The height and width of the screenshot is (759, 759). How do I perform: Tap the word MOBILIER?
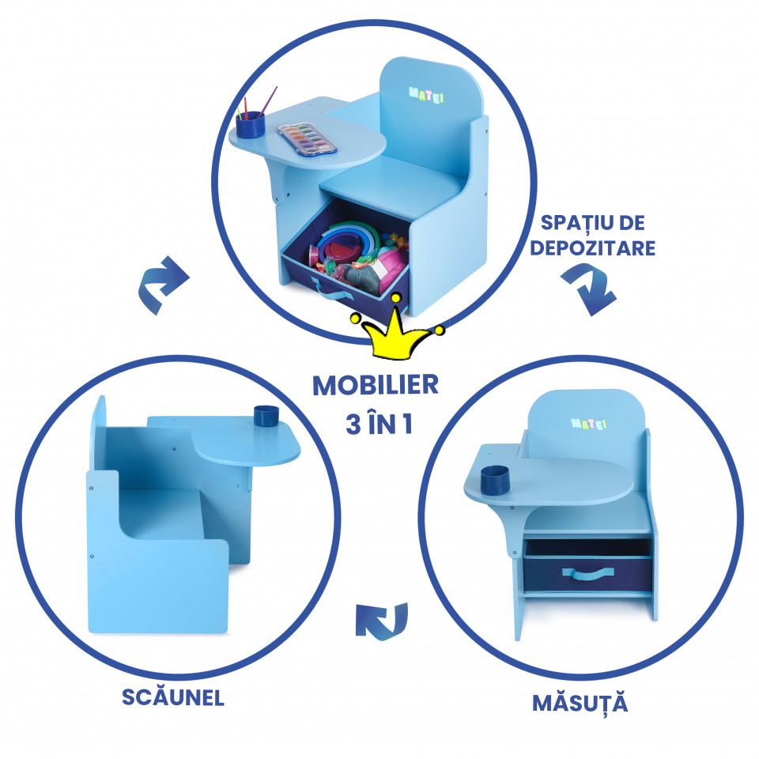[376, 385]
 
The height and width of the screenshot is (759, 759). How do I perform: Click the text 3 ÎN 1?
[379, 423]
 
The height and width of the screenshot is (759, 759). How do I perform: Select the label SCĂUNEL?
[173, 697]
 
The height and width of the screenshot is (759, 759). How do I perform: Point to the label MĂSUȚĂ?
[580, 704]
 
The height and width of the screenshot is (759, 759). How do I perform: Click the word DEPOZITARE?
[592, 247]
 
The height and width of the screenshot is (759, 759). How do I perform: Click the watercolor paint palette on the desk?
[308, 139]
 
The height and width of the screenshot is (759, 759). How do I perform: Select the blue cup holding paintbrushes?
[251, 125]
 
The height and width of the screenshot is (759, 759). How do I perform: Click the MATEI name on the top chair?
[426, 95]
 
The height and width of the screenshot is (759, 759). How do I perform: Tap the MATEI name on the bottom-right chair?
[588, 424]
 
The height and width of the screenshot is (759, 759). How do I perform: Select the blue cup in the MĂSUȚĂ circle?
[495, 480]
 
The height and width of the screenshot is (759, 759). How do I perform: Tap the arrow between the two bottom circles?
[382, 621]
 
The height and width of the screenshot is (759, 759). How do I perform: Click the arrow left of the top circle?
[164, 285]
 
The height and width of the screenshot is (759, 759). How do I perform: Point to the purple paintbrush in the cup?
[268, 102]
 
